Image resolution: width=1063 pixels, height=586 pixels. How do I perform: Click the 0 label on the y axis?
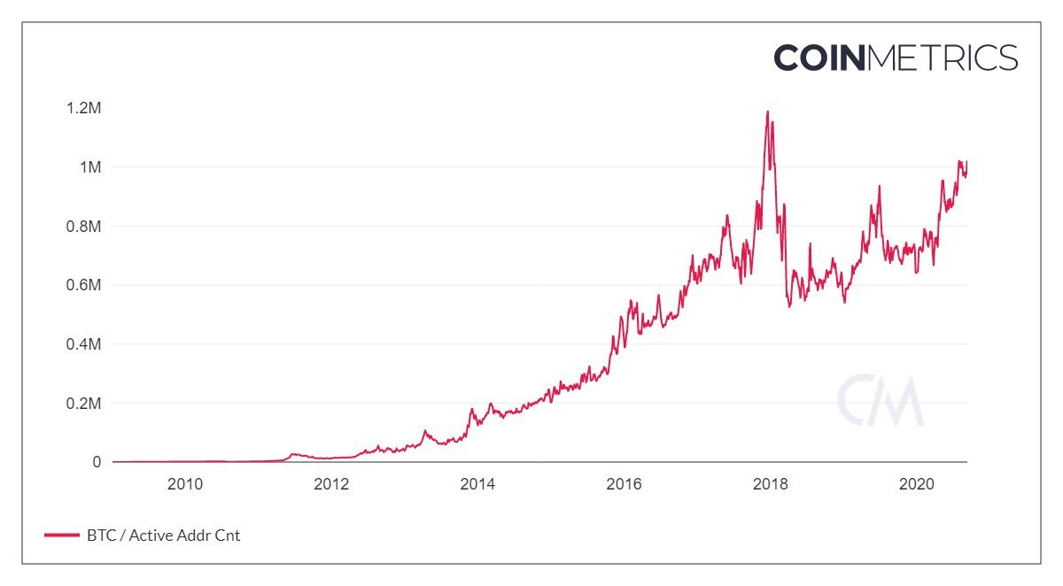97,462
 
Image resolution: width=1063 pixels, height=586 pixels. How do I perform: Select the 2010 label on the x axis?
185,484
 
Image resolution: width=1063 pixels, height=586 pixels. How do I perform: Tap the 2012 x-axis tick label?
331,484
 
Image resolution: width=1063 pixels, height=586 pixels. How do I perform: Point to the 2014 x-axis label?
477,484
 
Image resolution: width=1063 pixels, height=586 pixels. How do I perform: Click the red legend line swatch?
61,536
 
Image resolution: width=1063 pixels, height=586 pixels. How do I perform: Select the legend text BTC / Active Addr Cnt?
164,536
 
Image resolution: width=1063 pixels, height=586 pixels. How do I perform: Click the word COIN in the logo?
819,58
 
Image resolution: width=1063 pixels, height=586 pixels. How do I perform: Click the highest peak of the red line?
767,112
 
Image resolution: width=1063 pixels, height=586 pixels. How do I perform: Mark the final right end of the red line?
966,162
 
